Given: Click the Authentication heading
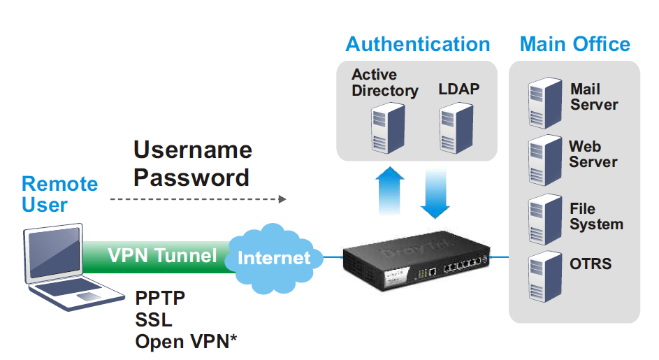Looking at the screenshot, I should [x=417, y=44].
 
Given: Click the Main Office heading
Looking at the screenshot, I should [x=574, y=44].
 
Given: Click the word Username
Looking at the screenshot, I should [x=193, y=150].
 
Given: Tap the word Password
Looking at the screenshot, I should [x=191, y=178].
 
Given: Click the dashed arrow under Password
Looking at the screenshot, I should [x=198, y=199].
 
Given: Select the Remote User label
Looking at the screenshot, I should [x=59, y=194].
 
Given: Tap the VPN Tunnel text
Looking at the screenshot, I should [x=162, y=256].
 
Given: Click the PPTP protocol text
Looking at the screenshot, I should [x=160, y=299].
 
